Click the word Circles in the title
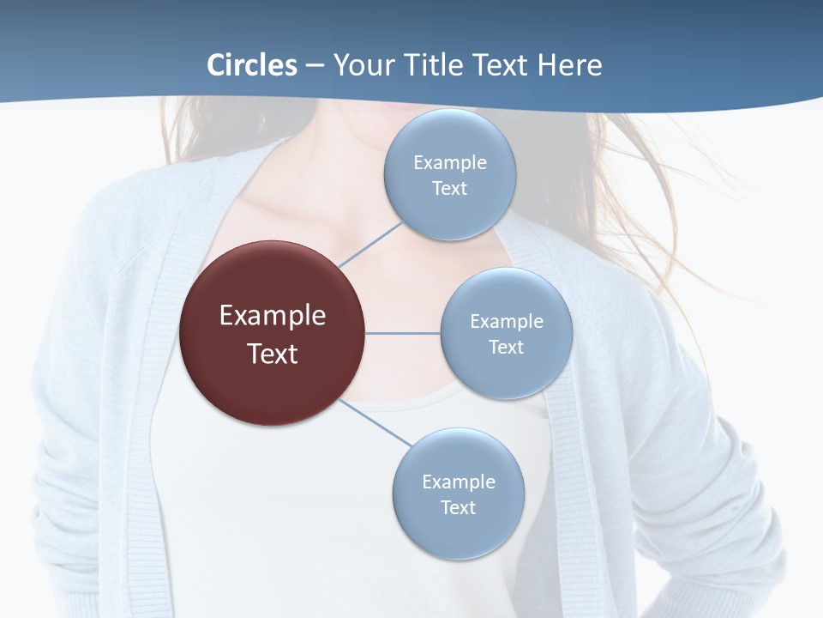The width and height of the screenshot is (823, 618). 252,65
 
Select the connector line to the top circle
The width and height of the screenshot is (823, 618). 370,244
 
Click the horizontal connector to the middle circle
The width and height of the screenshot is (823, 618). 403,333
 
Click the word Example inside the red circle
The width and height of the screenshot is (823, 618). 273,316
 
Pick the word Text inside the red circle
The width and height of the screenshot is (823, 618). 273,354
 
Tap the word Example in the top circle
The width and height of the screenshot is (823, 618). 450,163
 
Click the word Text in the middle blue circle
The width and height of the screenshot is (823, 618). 506,347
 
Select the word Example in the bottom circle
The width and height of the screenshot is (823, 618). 459,482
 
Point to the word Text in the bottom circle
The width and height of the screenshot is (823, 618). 458,507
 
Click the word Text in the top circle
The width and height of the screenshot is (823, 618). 449,188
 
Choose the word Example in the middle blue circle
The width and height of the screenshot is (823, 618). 507,322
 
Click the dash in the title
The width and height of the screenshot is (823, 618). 314,66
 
